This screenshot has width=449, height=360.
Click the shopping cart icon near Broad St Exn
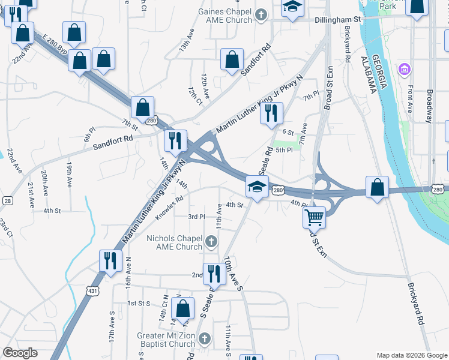tap(314, 217)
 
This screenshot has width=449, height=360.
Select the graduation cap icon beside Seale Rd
tap(256, 188)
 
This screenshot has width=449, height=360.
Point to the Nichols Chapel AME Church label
tap(175, 242)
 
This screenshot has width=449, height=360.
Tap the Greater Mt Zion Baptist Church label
tap(166, 340)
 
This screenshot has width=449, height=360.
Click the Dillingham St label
tap(337, 20)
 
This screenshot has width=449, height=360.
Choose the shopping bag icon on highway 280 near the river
tap(376, 187)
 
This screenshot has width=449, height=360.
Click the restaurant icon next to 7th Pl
tap(271, 113)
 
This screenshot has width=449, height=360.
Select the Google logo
tap(20, 353)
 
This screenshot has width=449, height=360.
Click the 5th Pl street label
tap(283, 150)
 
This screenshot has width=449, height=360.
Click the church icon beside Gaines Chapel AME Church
tap(261, 14)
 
